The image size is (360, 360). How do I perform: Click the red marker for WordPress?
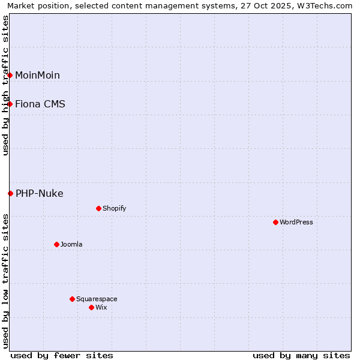point(275,222)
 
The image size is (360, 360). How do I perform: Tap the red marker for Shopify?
point(98,208)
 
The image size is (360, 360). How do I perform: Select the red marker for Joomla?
point(56,244)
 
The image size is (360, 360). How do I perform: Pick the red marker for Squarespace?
point(72,299)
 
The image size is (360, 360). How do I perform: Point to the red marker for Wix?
point(91,307)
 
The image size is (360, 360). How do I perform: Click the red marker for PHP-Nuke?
point(10,193)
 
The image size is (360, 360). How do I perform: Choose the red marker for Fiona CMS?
point(10,104)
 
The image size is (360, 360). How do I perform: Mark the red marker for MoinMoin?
point(10,75)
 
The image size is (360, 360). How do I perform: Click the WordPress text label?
point(296,222)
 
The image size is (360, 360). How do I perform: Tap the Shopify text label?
point(115,208)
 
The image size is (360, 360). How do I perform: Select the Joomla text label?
point(71,244)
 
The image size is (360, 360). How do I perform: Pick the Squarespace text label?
point(97,299)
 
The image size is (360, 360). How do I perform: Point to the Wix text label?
point(101,307)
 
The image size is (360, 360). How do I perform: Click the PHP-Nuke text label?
point(40,193)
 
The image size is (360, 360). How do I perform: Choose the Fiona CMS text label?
point(40,104)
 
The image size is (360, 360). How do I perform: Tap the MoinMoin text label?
point(37,75)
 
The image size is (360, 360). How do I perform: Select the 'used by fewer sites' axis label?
point(62,355)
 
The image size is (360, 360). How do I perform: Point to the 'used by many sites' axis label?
point(301,355)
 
